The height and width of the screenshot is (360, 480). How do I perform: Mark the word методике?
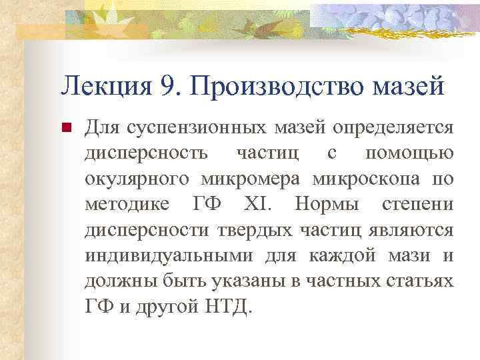[x=127, y=204]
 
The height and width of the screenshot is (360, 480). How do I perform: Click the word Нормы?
[x=326, y=204]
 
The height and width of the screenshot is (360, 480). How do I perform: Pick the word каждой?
[x=336, y=255]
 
